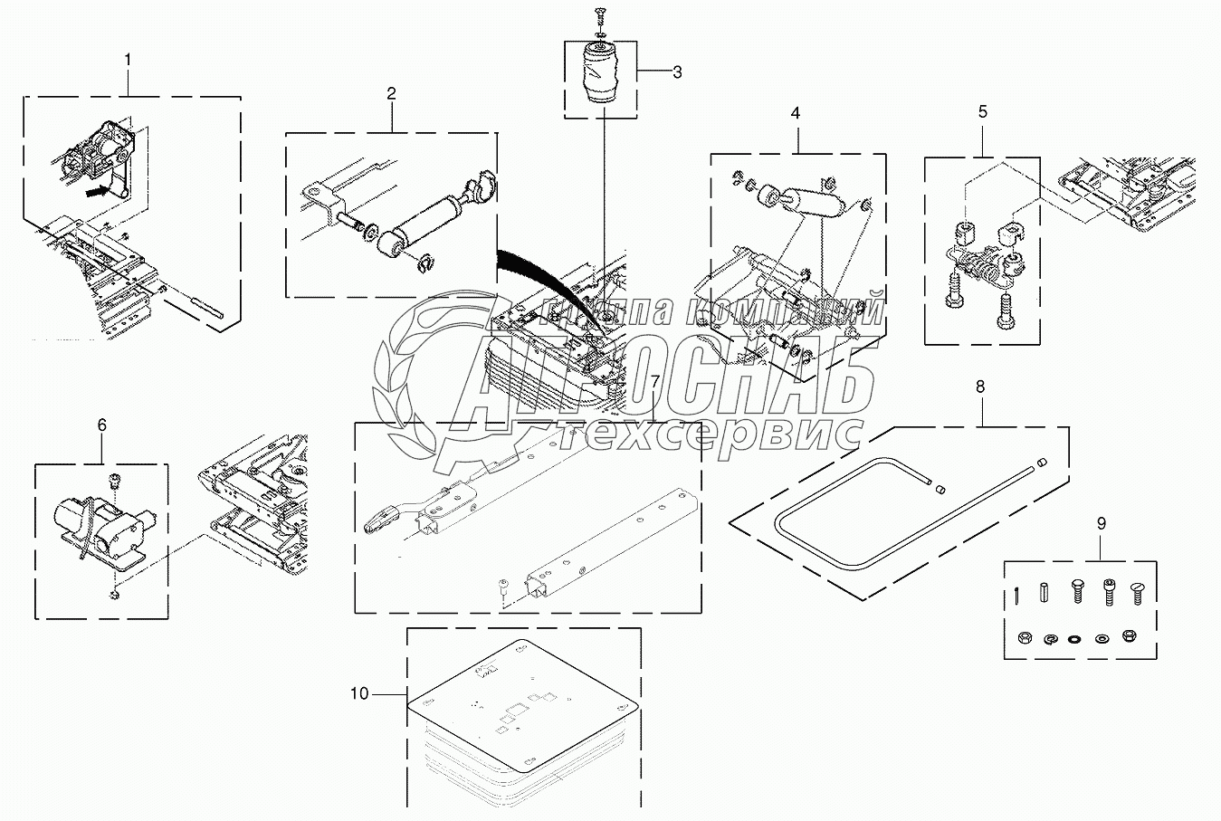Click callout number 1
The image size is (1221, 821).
128,60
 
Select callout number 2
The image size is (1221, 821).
392,94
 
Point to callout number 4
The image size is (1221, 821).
796,114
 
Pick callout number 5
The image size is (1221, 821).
983,111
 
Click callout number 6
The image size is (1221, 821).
101,424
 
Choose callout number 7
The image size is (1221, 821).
654,384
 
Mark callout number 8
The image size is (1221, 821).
980,387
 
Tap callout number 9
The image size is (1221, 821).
1101,522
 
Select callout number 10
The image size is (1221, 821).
359,693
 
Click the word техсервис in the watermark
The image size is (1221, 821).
709,436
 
